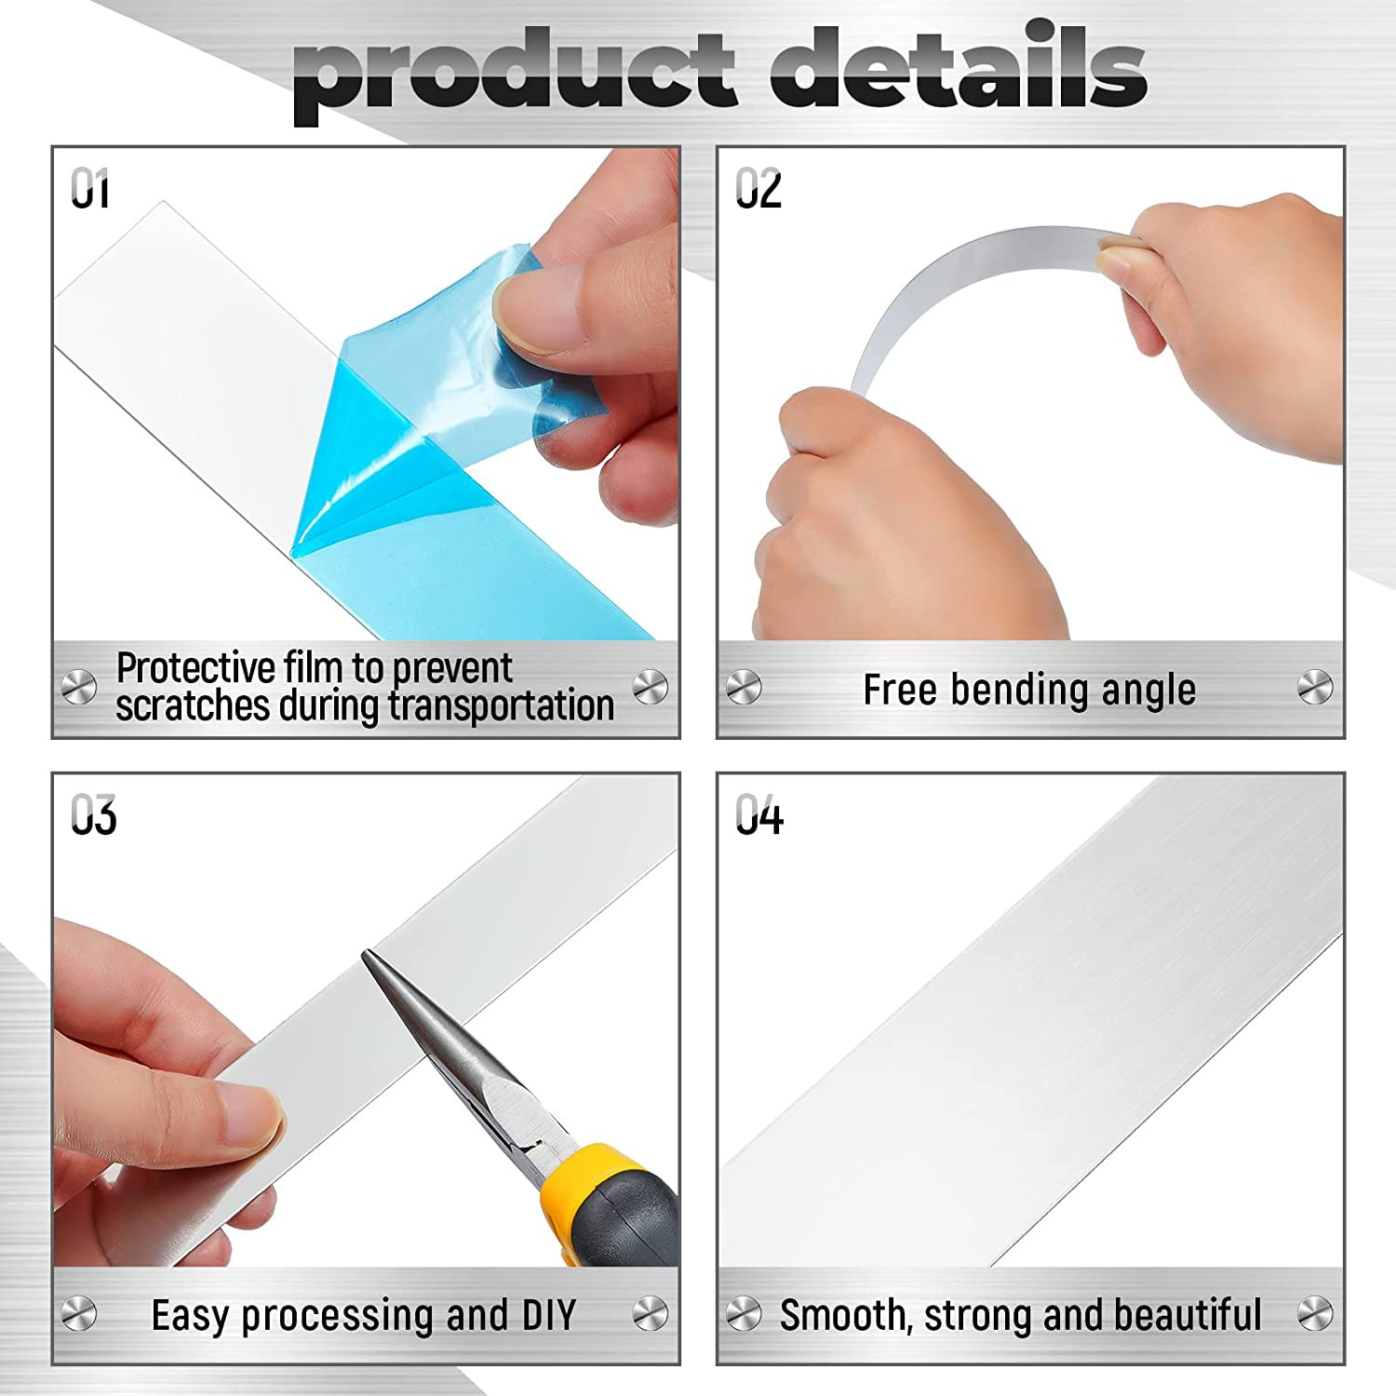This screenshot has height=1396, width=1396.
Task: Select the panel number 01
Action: click(x=90, y=189)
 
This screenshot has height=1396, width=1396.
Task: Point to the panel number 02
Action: click(x=758, y=189)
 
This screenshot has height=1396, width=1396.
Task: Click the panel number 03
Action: click(x=93, y=815)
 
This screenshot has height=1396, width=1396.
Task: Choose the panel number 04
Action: click(x=759, y=815)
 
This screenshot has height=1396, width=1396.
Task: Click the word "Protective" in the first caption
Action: click(x=196, y=668)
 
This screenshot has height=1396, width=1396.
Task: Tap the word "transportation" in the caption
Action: click(x=502, y=705)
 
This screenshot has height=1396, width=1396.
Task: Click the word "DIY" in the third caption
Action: click(x=549, y=1315)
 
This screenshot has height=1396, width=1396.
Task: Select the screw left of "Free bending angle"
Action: click(x=744, y=689)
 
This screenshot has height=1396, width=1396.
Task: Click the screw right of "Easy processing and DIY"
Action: click(x=650, y=1314)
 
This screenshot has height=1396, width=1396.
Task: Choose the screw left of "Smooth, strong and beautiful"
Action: click(x=744, y=1314)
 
